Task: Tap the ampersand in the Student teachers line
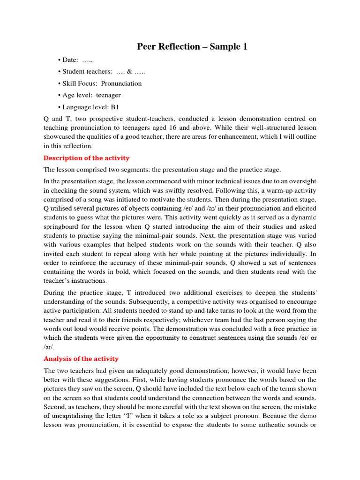click(x=129, y=72)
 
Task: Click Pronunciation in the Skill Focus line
click(x=121, y=83)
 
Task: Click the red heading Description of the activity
click(x=86, y=158)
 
